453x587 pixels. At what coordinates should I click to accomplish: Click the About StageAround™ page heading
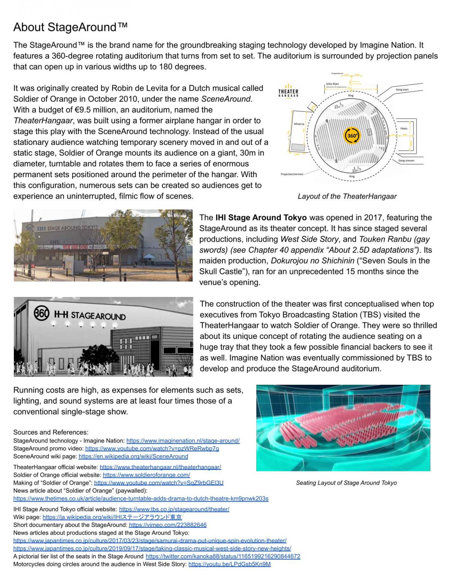(x=70, y=27)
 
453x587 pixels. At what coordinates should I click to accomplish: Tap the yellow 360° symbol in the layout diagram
(x=352, y=135)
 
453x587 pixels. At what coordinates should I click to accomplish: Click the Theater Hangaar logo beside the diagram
(x=288, y=92)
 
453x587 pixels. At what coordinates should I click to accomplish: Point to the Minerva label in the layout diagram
(x=299, y=124)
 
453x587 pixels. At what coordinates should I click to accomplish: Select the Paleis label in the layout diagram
(x=403, y=128)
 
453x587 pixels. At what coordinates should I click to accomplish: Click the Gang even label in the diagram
(x=402, y=90)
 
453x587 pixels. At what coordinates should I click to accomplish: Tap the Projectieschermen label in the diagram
(x=292, y=174)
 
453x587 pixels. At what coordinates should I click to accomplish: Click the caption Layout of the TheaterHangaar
(x=347, y=196)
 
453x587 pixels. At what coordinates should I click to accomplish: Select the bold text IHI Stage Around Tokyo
(x=261, y=218)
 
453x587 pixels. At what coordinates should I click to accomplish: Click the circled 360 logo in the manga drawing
(x=41, y=313)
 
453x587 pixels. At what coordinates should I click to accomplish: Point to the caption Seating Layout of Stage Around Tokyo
(x=346, y=483)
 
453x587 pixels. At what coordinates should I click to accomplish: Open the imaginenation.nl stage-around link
(x=183, y=441)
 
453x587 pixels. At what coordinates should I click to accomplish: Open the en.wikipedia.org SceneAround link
(x=133, y=456)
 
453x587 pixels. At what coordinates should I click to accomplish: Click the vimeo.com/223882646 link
(x=168, y=525)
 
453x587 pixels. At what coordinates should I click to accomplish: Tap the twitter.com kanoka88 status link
(x=223, y=556)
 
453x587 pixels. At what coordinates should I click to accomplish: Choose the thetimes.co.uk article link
(x=141, y=498)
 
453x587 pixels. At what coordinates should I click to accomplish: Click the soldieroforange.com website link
(x=146, y=475)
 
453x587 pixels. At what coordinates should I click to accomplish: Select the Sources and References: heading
(x=51, y=432)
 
